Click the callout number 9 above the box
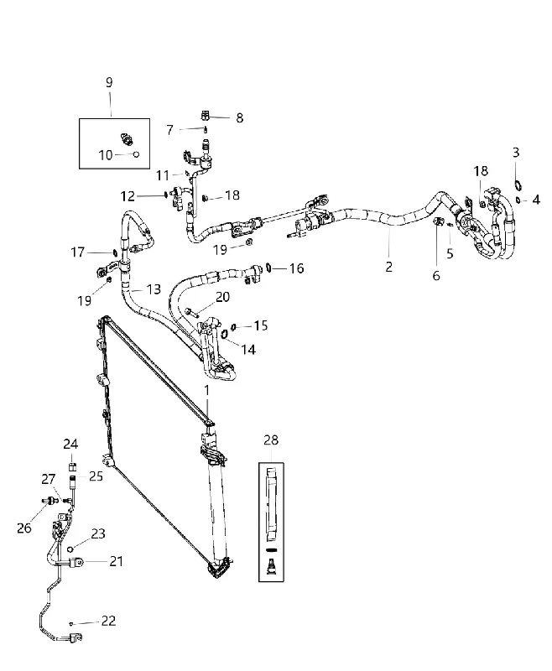tap(109, 82)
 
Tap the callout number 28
tap(271, 440)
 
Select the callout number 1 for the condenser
tap(207, 391)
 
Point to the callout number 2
tap(388, 267)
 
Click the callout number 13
tap(154, 289)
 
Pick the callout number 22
tap(109, 621)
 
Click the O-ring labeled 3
tap(518, 185)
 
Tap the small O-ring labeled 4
tap(518, 200)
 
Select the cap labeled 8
tap(205, 116)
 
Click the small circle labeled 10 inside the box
tap(137, 154)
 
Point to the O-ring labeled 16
tap(268, 268)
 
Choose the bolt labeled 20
tap(191, 313)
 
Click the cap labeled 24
tap(72, 466)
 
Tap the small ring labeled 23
tap(71, 549)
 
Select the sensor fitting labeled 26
tap(49, 500)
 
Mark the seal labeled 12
tap(165, 195)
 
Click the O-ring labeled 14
tap(224, 333)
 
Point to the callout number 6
tap(436, 276)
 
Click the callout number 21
tap(116, 561)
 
